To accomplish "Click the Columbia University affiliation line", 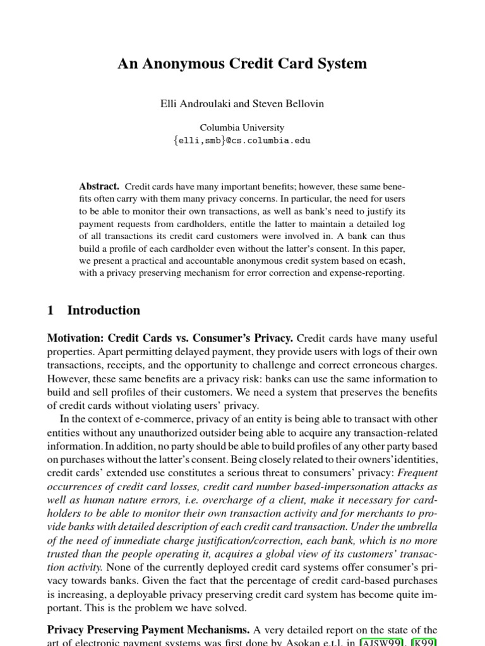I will (242, 127).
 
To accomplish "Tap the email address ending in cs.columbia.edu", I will (242, 141).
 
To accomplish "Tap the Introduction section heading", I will (104, 310).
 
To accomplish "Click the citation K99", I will (425, 642).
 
